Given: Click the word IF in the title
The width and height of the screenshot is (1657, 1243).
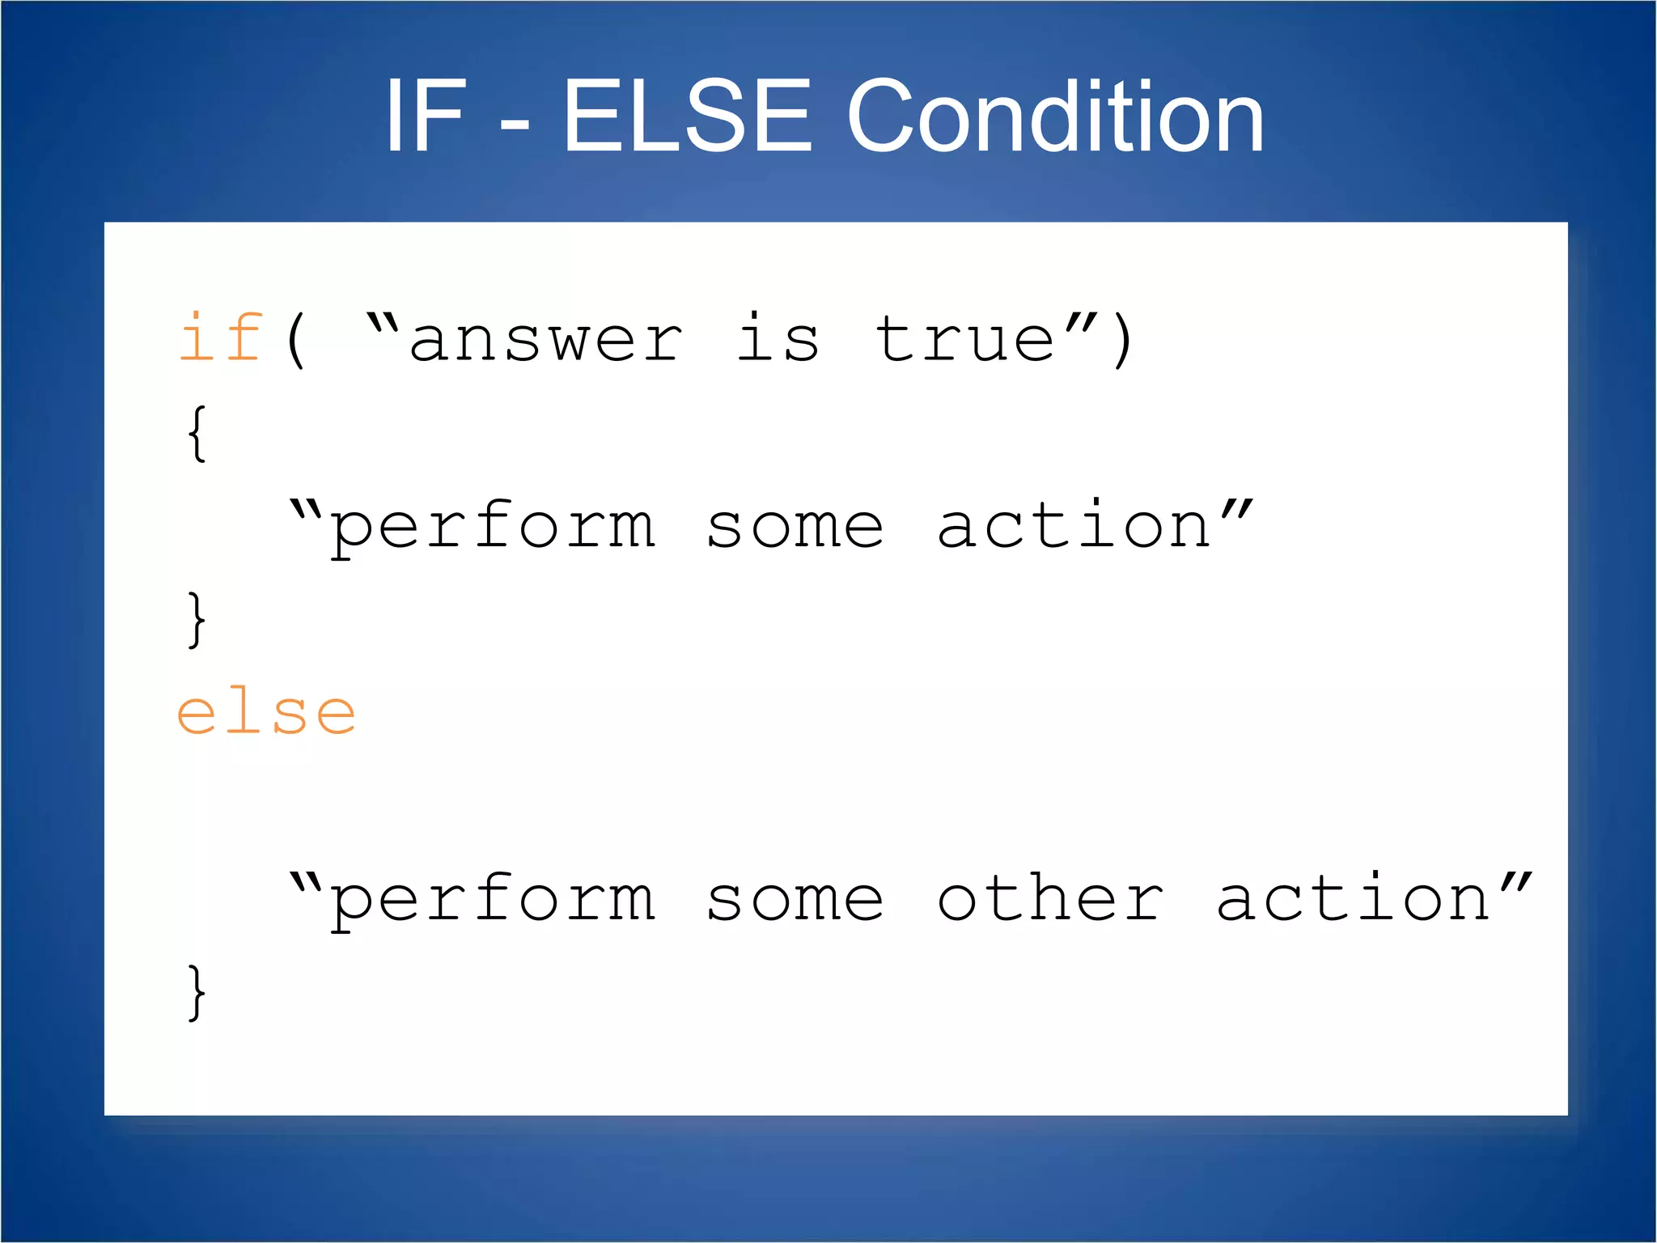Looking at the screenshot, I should click(426, 116).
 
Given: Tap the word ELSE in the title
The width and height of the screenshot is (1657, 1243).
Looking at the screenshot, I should click(686, 116).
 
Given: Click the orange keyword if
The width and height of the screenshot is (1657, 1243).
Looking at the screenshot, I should click(220, 337).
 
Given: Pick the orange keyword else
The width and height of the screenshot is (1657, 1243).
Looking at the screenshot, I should click(266, 712).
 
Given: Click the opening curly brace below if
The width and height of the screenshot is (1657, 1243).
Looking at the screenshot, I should click(197, 434).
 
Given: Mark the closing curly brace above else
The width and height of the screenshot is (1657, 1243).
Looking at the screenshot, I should click(197, 619).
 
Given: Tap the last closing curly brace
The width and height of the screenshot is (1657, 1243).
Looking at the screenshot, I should click(197, 992).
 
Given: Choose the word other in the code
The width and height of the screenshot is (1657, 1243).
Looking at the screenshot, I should click(1050, 898).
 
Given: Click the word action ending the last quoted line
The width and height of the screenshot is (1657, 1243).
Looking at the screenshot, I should click(1353, 898).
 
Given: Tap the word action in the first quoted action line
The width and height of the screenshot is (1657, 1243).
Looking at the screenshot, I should click(1074, 525).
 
